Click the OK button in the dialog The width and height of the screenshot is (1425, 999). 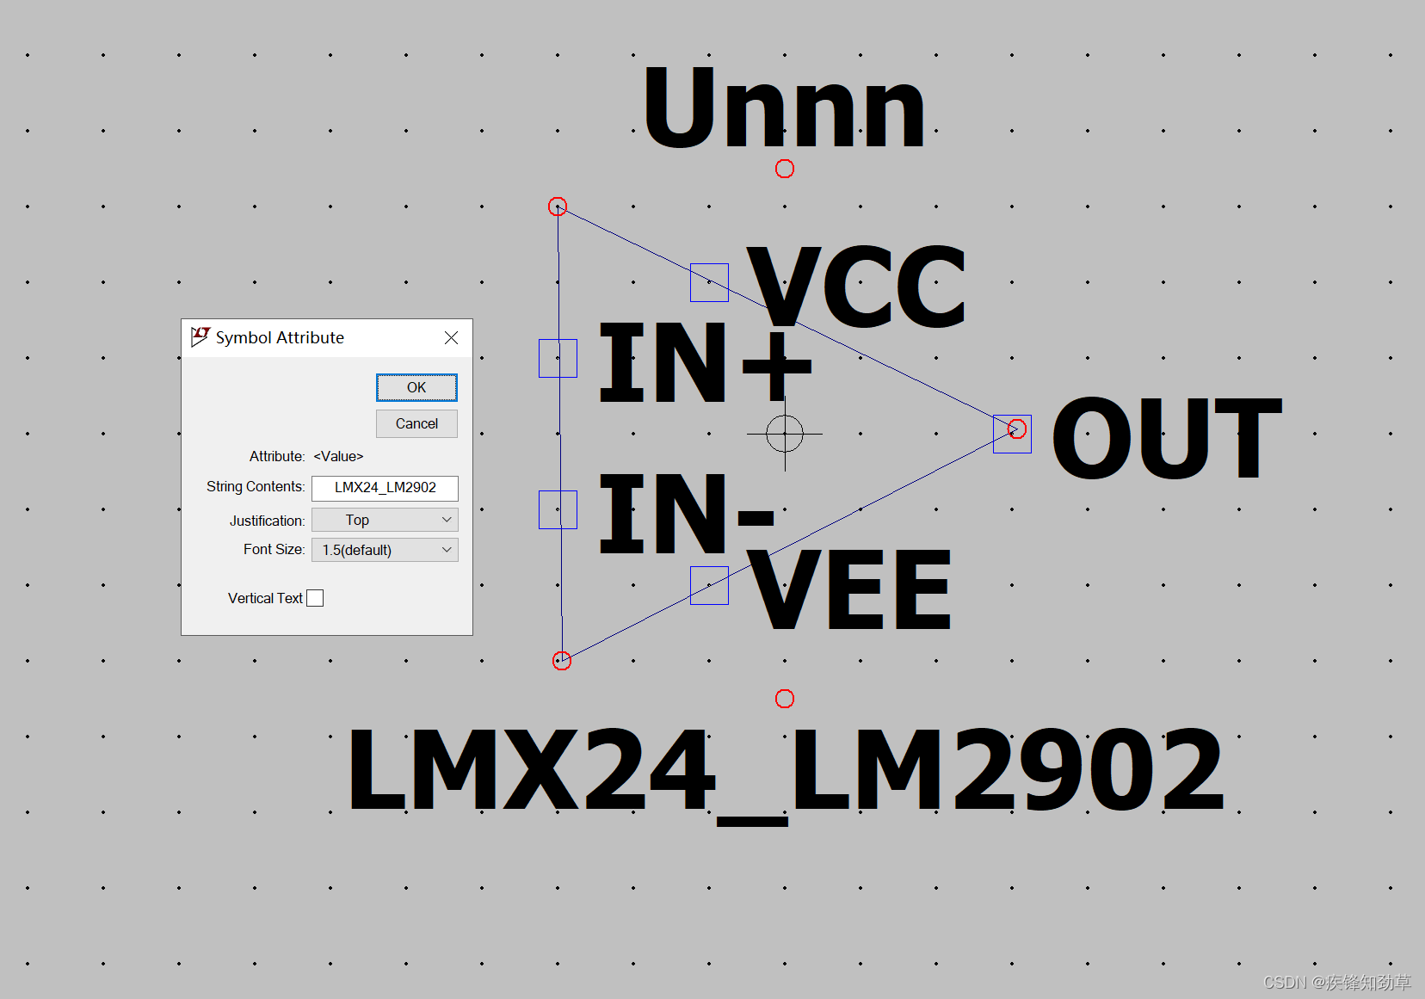click(416, 387)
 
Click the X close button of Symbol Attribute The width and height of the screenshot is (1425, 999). click(451, 338)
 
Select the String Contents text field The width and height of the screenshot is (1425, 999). click(385, 488)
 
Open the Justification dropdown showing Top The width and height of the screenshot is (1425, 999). click(385, 520)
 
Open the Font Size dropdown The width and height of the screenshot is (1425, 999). click(385, 550)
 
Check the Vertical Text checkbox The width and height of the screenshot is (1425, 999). click(315, 598)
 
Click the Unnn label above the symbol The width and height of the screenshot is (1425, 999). click(783, 110)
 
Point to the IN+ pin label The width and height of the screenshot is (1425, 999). click(704, 363)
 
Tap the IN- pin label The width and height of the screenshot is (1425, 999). click(687, 515)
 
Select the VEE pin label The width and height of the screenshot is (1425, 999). click(848, 590)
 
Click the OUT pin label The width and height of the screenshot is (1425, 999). click(1167, 439)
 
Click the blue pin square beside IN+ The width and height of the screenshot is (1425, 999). click(558, 358)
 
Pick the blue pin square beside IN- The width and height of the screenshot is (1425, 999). click(558, 509)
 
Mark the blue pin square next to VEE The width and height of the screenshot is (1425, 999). click(709, 585)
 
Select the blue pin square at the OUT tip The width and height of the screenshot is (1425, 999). click(1012, 434)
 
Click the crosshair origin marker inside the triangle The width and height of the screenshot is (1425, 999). click(785, 434)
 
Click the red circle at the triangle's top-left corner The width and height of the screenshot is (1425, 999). click(558, 207)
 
